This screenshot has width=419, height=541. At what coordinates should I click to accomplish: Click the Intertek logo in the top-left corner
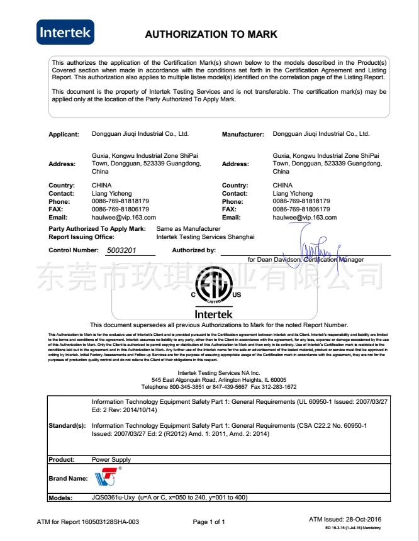click(65, 32)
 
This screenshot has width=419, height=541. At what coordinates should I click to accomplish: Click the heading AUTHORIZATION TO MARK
click(211, 34)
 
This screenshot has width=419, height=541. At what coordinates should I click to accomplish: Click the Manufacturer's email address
click(304, 217)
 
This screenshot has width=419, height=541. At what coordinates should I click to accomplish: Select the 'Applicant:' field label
click(64, 135)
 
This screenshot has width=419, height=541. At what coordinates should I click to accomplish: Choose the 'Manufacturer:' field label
click(242, 135)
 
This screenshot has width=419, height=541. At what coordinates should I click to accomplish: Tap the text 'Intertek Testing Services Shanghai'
click(205, 237)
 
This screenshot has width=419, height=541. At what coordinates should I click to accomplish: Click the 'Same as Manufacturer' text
click(188, 228)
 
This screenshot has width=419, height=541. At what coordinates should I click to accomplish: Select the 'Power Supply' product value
click(111, 460)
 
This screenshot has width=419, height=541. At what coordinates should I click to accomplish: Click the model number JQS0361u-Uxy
click(113, 498)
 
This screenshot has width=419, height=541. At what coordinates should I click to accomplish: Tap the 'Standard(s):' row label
click(67, 426)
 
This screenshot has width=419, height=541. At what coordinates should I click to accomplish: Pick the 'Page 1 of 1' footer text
click(209, 522)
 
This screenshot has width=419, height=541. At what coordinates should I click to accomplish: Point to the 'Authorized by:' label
click(194, 250)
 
